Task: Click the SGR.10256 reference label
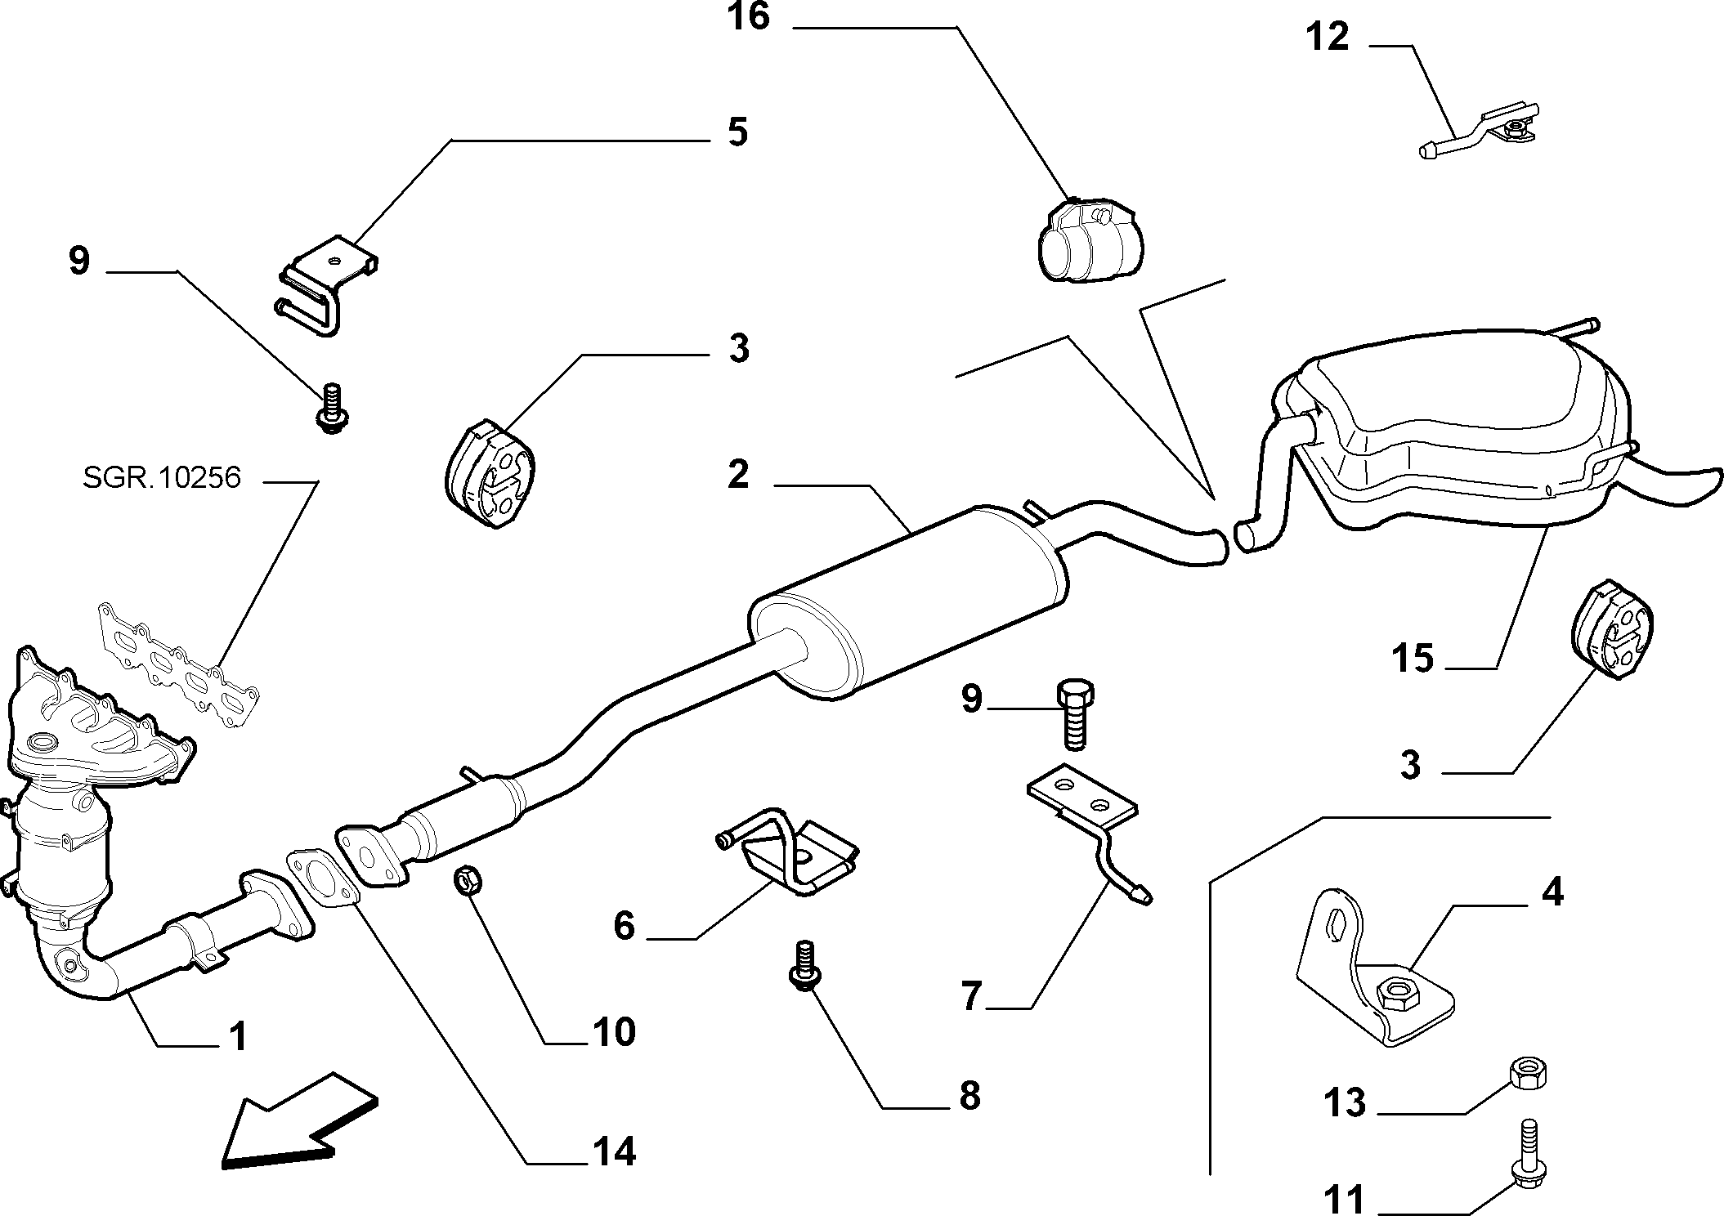tap(162, 477)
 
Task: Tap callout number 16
tap(749, 16)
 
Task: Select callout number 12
tap(1327, 38)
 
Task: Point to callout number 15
tap(1413, 658)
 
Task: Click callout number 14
tap(614, 1152)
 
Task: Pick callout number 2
tap(738, 475)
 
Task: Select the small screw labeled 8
tap(806, 967)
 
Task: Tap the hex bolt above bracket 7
tap(1075, 712)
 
